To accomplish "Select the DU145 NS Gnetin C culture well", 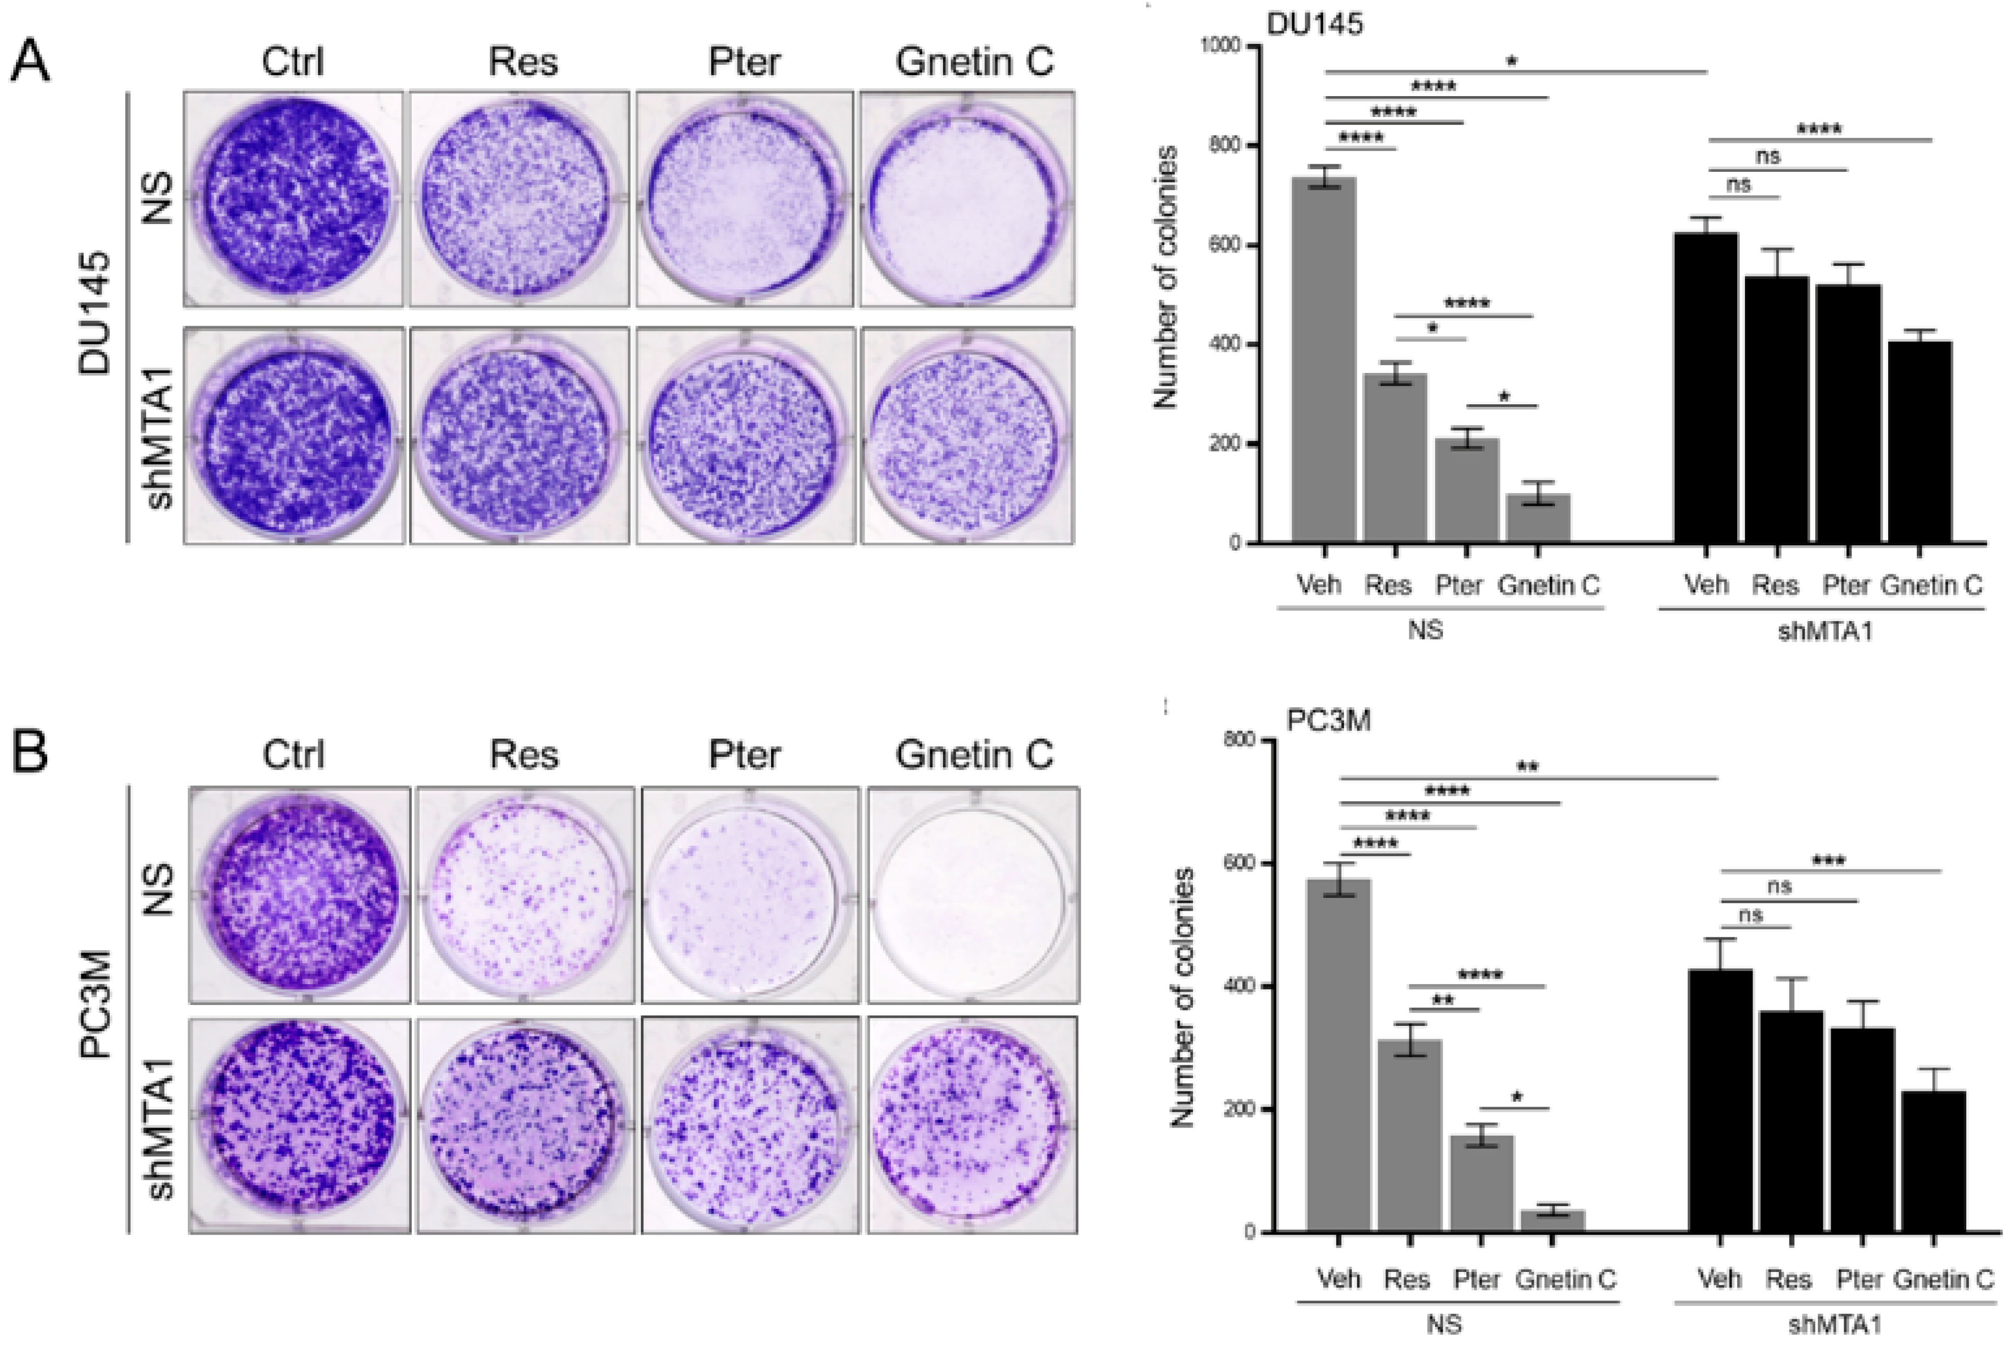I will pyautogui.click(x=967, y=199).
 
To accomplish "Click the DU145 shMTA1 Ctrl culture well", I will pyautogui.click(x=293, y=435).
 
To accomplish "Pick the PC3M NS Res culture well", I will pyautogui.click(x=524, y=895).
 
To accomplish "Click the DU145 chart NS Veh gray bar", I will pyautogui.click(x=1324, y=360).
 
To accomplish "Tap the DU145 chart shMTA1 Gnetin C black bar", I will pyautogui.click(x=1920, y=442).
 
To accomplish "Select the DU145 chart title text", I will pyautogui.click(x=1314, y=23).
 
